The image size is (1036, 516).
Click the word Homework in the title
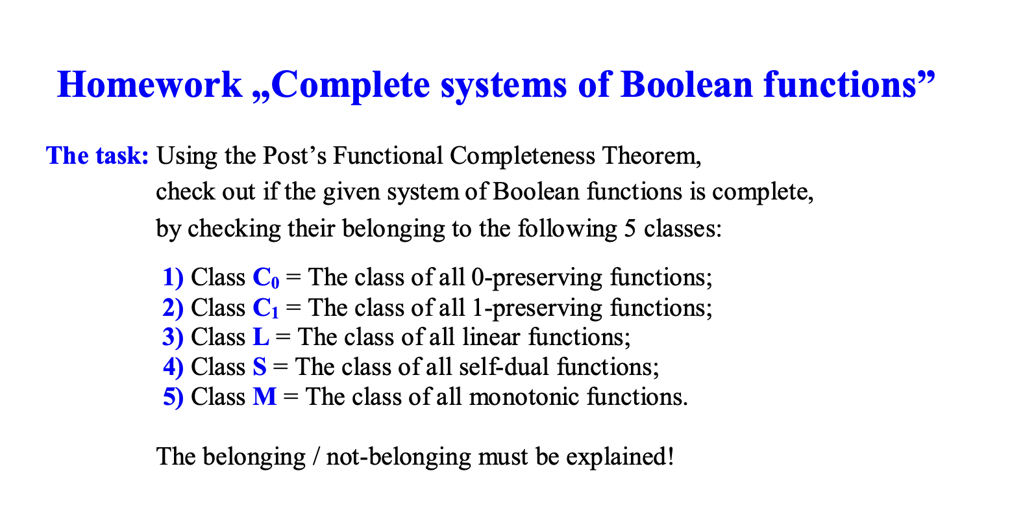point(149,84)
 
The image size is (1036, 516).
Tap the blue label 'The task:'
point(97,156)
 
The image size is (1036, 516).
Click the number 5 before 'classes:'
point(630,229)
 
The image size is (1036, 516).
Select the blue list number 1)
point(173,277)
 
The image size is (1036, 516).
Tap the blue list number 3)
point(173,337)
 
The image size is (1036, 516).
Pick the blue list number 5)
point(173,397)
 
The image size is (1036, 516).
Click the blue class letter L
point(260,337)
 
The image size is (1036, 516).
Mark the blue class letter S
point(260,367)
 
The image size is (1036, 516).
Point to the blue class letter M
point(264,397)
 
